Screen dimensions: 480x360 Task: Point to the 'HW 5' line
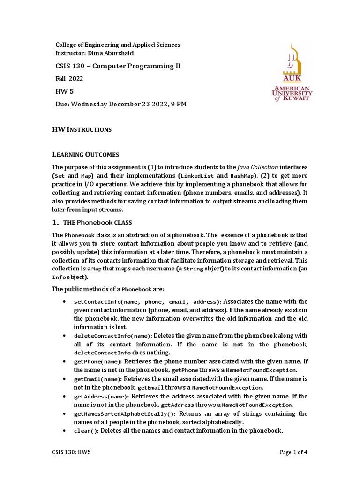coord(65,91)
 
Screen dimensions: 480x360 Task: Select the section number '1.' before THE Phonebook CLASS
coord(55,222)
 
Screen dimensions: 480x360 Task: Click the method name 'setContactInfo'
coord(95,302)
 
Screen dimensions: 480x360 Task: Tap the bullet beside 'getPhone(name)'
coord(64,362)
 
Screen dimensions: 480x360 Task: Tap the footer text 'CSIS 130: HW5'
coord(71,453)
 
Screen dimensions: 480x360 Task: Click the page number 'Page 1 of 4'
coord(293,453)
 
